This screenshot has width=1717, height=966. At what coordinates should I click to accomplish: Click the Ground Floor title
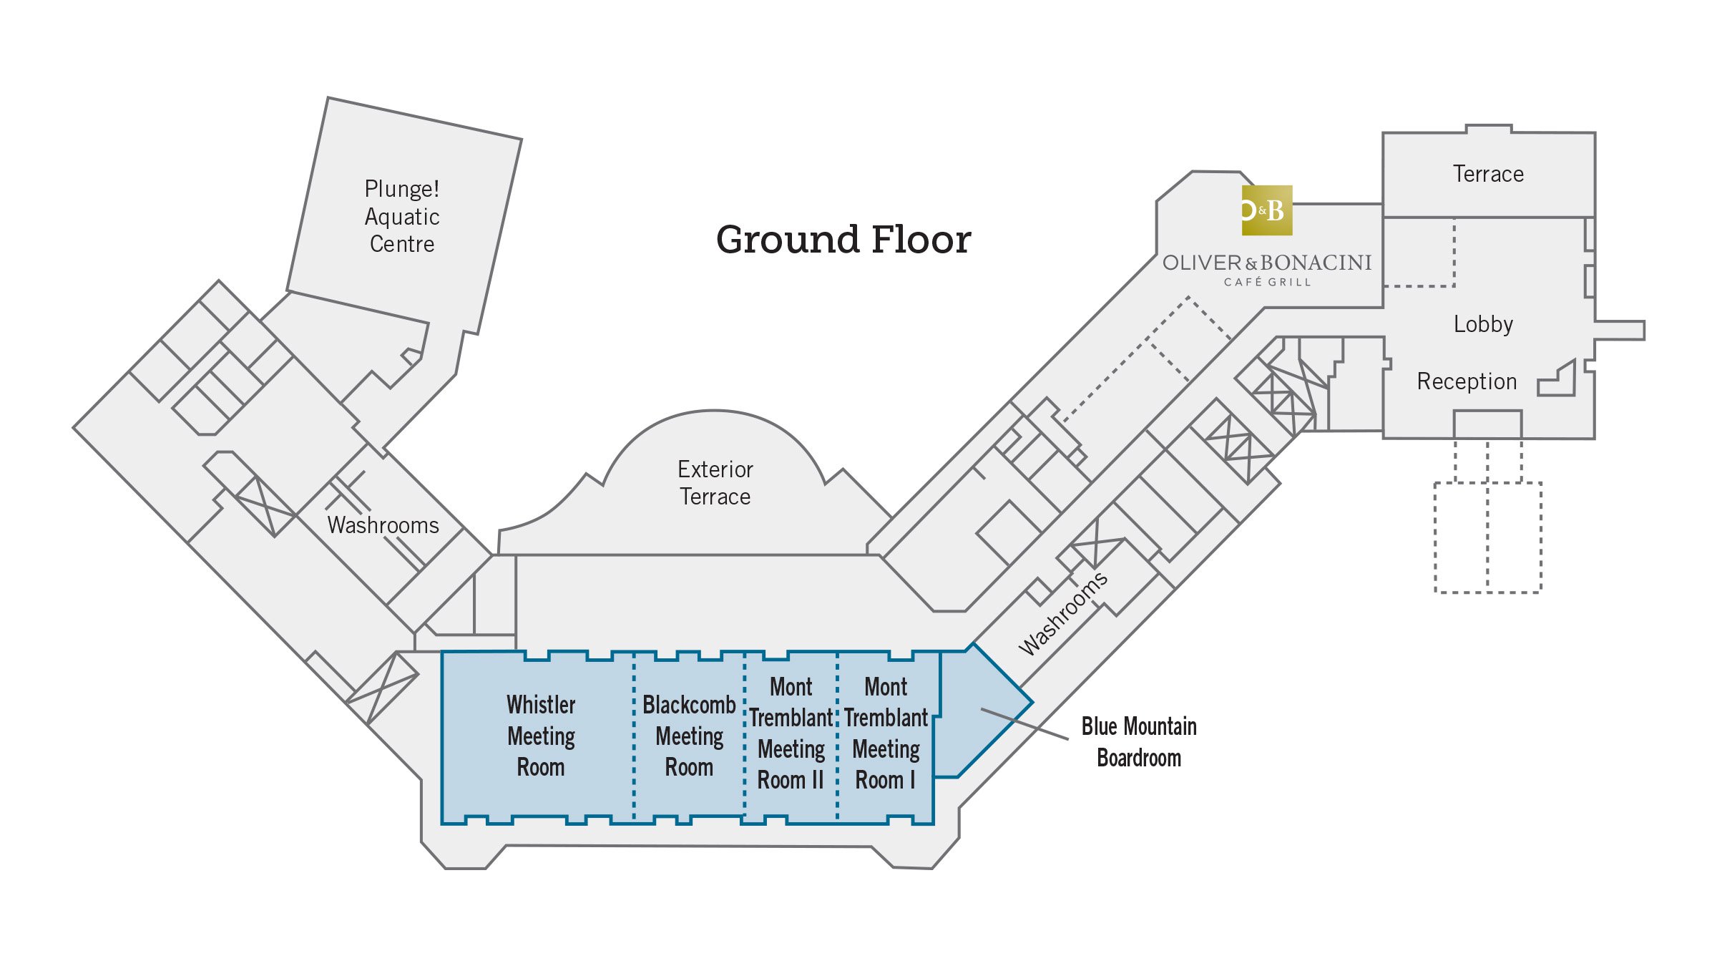click(x=843, y=240)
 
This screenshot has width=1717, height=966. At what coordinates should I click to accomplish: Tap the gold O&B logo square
click(x=1266, y=210)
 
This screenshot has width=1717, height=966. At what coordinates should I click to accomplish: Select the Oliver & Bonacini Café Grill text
click(x=1267, y=268)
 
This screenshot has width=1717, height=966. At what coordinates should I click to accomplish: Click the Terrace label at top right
click(x=1488, y=174)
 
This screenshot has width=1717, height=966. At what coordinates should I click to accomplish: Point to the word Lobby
click(x=1483, y=324)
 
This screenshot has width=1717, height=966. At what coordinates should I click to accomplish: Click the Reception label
click(x=1467, y=381)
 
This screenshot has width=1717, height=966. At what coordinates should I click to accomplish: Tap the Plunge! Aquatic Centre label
click(x=401, y=216)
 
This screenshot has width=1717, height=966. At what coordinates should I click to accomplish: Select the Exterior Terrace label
click(x=715, y=483)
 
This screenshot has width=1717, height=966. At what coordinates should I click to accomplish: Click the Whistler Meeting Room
click(x=541, y=736)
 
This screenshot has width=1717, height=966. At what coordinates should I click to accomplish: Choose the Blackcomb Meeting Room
click(x=689, y=736)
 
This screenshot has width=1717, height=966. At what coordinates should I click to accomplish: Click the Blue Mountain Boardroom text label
click(x=1138, y=742)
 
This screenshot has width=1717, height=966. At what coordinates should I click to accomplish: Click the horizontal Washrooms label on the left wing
click(x=383, y=525)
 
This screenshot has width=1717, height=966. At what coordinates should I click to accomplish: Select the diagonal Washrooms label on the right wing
click(x=1062, y=613)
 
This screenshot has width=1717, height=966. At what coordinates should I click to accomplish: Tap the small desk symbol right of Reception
click(x=1560, y=380)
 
